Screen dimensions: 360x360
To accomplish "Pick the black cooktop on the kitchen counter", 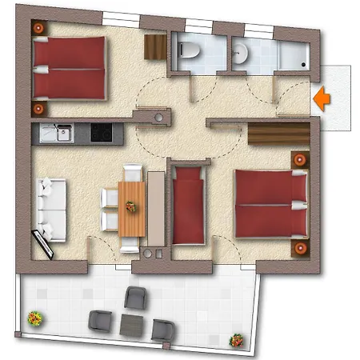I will click(101, 132).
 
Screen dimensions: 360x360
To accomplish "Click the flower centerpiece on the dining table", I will click(130, 206).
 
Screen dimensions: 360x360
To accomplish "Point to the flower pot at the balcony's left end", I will click(34, 318).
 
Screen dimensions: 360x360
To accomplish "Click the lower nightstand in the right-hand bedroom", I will click(300, 248).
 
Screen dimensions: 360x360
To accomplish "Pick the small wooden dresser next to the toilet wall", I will click(153, 48).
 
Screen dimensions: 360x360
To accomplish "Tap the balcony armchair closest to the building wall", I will click(136, 298).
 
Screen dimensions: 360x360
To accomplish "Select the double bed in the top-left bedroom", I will click(70, 69).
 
